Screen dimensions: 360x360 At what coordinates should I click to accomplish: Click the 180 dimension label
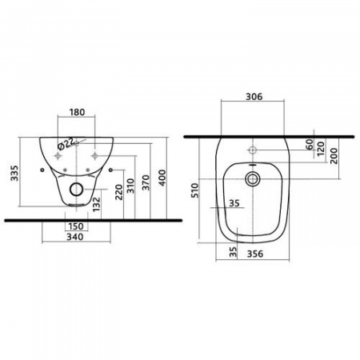click(x=77, y=112)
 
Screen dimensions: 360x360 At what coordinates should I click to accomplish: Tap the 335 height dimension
click(x=14, y=174)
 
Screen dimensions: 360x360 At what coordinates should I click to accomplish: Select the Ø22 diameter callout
click(x=66, y=144)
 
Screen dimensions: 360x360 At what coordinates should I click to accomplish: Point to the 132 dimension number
click(x=97, y=204)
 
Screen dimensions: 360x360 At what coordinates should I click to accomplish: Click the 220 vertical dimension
click(x=119, y=192)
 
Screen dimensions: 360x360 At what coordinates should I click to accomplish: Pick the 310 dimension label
click(x=130, y=186)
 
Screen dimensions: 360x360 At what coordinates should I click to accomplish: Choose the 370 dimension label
click(x=146, y=182)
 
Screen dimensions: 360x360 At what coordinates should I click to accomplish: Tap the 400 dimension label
click(x=162, y=178)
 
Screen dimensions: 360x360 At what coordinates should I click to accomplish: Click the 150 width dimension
click(x=76, y=226)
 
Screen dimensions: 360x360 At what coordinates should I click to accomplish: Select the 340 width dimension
click(x=75, y=237)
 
